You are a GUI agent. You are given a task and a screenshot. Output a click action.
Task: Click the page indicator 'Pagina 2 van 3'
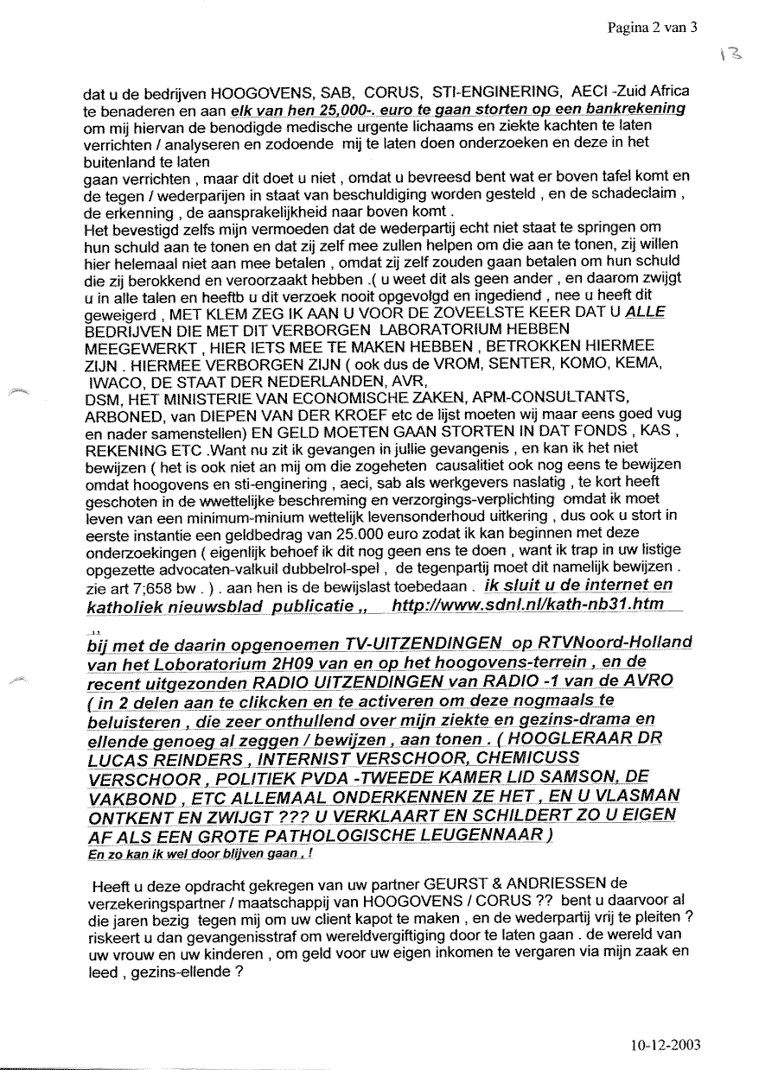(x=653, y=27)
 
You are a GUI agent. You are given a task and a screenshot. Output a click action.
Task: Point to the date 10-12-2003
(x=666, y=1044)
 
